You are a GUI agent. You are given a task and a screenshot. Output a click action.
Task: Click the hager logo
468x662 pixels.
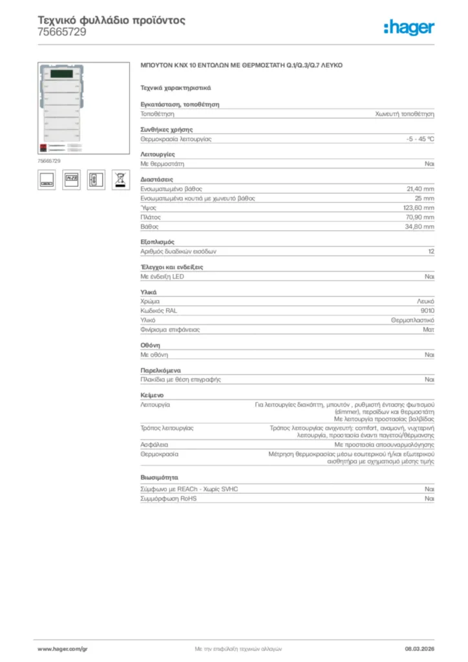coord(409,27)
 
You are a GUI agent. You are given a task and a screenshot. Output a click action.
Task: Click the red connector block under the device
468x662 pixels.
coord(43,147)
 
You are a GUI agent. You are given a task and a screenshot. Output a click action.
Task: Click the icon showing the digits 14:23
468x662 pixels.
coord(71,180)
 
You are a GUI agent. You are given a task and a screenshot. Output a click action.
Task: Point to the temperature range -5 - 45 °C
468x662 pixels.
coord(416,139)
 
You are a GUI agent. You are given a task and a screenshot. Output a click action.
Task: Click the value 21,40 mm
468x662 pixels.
coord(420,189)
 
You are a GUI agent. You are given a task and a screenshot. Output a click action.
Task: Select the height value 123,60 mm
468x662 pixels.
coord(419,208)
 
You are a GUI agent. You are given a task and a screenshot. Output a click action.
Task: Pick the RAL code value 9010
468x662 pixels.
coord(427,310)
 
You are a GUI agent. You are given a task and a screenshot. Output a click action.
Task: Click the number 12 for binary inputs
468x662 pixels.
coord(431,251)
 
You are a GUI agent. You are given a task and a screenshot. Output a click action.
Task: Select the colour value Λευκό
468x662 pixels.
coord(425,301)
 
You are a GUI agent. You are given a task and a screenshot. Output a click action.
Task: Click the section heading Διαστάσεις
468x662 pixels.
coord(157,179)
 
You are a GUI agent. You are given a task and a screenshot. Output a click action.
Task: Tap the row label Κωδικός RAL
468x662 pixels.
coord(159,310)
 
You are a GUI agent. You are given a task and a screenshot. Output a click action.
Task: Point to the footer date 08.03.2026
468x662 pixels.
coord(420,648)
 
